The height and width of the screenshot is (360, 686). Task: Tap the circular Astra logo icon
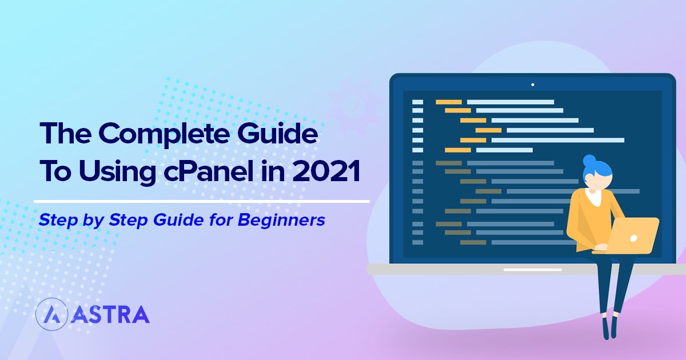pos(51,314)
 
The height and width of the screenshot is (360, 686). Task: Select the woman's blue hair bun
pos(590,160)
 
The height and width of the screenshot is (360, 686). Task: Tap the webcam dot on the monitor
pos(532,85)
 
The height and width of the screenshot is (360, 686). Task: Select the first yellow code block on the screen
pos(448,102)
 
